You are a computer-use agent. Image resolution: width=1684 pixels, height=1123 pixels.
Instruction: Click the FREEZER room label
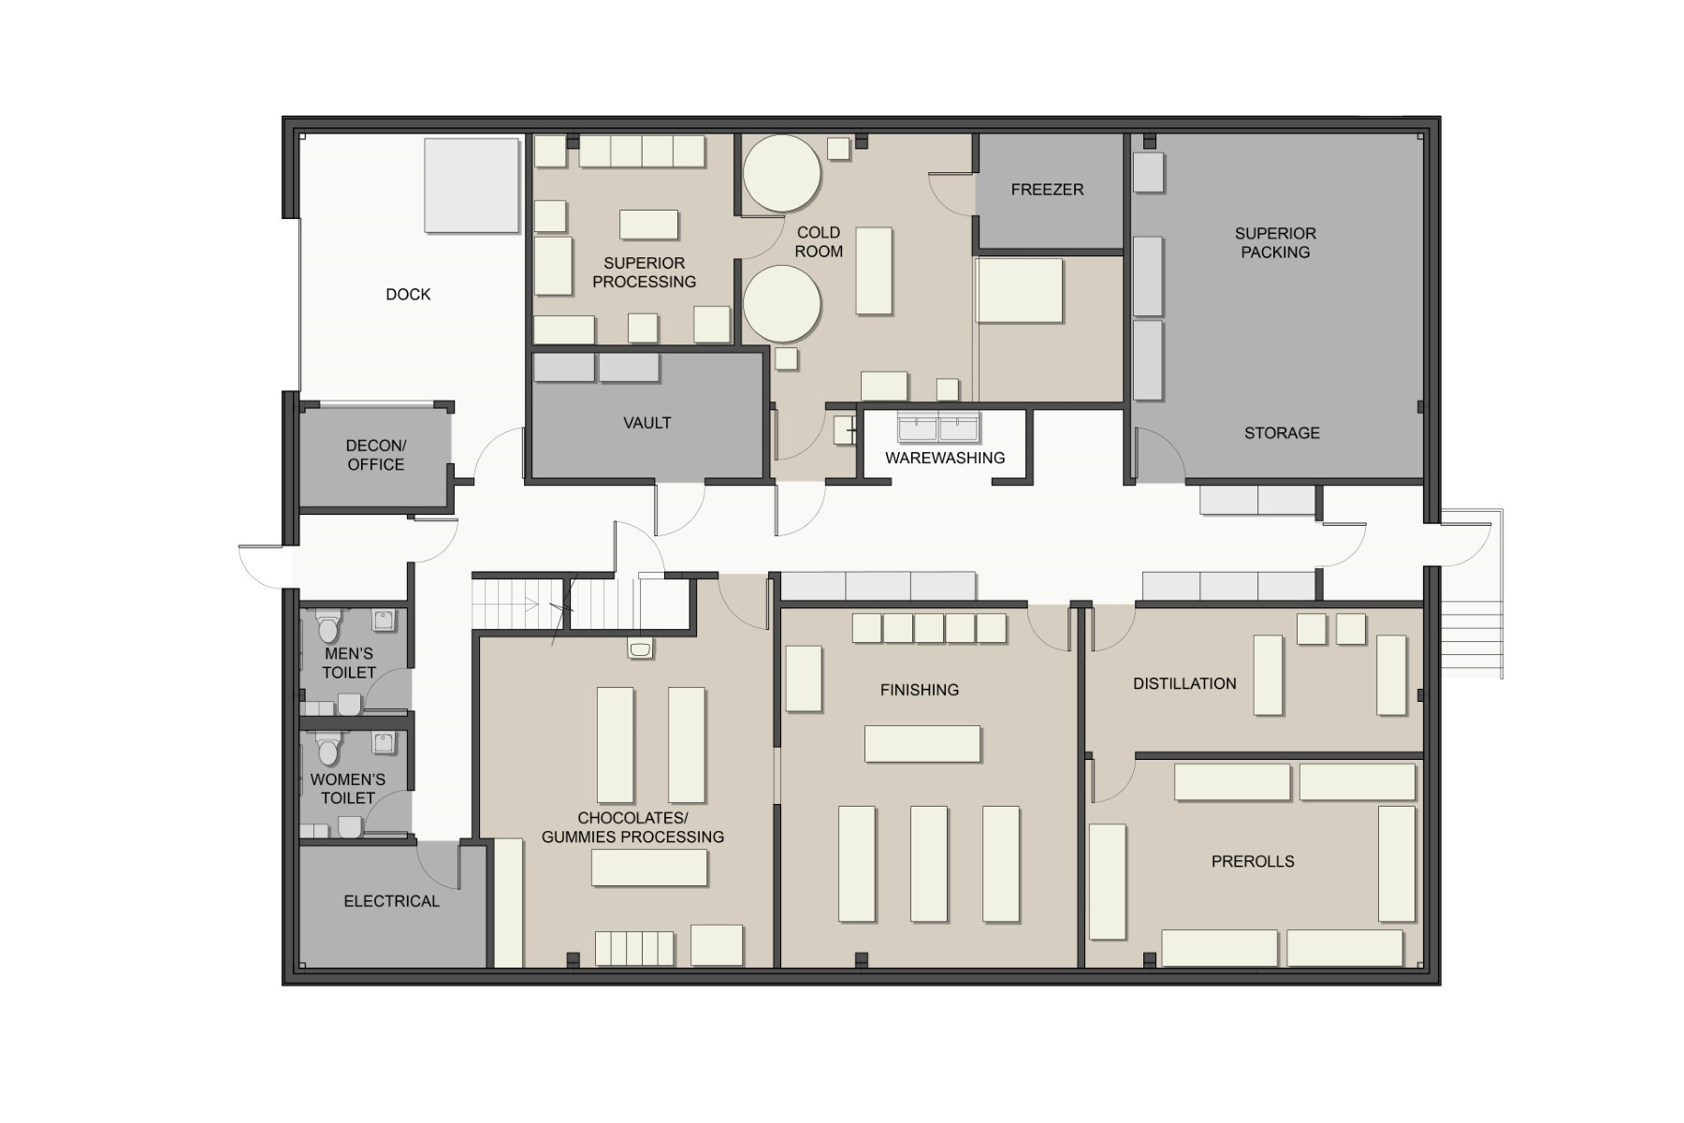tap(1047, 190)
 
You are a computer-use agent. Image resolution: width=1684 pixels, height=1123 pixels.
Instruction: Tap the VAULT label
tap(647, 423)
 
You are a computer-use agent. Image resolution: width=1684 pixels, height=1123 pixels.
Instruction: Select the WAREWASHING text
tap(945, 458)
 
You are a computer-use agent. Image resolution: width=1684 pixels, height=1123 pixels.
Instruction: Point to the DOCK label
tap(408, 295)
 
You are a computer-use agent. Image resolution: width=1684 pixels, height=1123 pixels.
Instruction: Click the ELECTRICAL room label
tap(391, 901)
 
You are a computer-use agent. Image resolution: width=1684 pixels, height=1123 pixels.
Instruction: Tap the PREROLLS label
tap(1253, 861)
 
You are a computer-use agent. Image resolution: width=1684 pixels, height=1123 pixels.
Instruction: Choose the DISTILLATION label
tap(1184, 684)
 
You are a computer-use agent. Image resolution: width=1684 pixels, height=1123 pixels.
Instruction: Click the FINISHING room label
tap(920, 691)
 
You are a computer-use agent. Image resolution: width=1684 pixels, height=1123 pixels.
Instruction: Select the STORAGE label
tap(1282, 433)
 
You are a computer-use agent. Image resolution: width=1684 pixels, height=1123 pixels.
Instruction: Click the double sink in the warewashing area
tap(938, 426)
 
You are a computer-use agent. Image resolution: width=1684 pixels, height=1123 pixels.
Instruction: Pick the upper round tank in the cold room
tap(782, 173)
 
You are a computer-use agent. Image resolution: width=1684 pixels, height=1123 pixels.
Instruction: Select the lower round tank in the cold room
tap(782, 304)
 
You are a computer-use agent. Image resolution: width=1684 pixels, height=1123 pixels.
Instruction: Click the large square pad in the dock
tap(472, 185)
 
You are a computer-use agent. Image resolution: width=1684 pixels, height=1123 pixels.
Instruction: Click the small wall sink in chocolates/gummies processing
tap(641, 649)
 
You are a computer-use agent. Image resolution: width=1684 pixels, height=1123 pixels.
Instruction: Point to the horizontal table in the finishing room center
tap(922, 744)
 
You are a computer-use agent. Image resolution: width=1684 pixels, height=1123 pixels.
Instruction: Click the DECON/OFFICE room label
tap(376, 455)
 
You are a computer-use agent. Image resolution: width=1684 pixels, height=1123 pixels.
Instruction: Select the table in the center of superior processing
tap(649, 225)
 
